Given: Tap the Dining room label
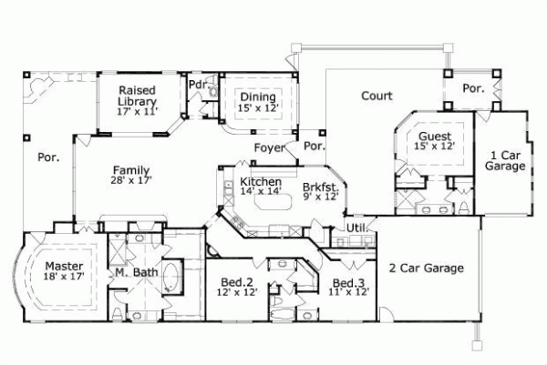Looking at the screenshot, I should pos(258,101).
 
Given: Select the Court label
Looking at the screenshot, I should pos(377,96).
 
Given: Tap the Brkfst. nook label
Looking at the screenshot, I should pos(321,190).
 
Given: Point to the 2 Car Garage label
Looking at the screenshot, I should pos(428,269).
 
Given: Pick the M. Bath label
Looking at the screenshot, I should pos(132,273).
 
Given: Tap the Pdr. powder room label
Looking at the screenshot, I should pos(196,85).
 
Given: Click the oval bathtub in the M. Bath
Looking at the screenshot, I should pos(173,277).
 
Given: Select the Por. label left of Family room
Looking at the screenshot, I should pos(48,157).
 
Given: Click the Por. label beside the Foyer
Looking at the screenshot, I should pos(315,147).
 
